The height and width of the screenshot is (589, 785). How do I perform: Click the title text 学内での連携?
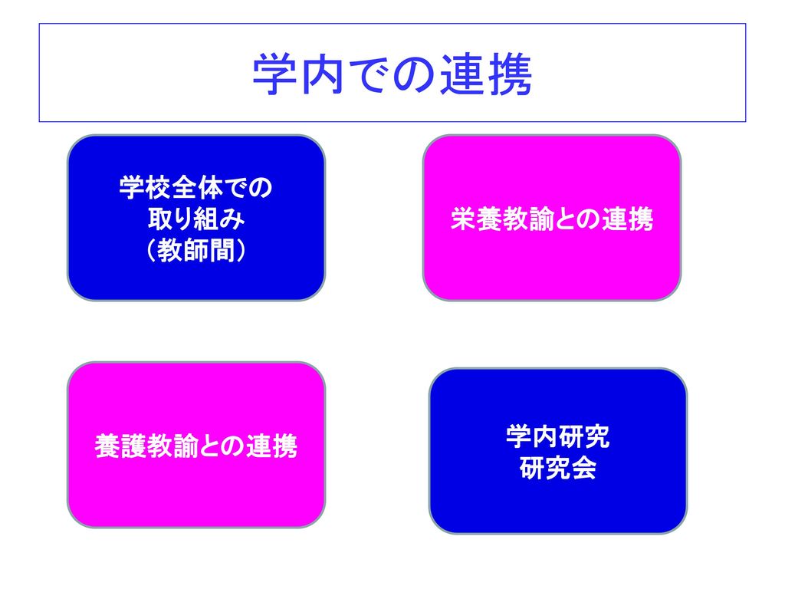[x=392, y=74]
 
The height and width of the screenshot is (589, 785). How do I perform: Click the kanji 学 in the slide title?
[x=275, y=74]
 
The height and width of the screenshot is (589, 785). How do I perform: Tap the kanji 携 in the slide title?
[x=510, y=74]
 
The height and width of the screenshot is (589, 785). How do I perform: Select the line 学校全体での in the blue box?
[x=195, y=187]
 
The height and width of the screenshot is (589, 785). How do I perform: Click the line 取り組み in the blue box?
[x=195, y=219]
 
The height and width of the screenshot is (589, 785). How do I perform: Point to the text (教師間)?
[x=195, y=250]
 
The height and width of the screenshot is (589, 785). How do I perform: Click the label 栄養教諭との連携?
[x=552, y=219]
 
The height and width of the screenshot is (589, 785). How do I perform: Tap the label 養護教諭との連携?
[x=195, y=446]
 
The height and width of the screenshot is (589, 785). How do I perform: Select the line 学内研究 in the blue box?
[x=558, y=436]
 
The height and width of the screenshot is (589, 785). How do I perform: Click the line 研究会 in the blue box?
[x=558, y=468]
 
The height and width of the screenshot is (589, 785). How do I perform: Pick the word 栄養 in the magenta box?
[x=475, y=219]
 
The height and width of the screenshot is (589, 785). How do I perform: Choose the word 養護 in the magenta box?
[x=120, y=446]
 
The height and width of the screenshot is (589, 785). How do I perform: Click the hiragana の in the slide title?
[x=416, y=74]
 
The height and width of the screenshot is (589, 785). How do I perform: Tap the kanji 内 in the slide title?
[x=322, y=74]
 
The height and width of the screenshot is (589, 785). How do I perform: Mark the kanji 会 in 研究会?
[x=583, y=468]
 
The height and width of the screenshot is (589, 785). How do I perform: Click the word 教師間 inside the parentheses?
[x=195, y=250]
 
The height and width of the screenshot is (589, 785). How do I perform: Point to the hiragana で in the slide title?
[x=370, y=74]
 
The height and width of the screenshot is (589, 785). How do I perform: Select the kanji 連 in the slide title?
[x=462, y=74]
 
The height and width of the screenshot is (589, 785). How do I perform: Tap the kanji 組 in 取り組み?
[x=208, y=219]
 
